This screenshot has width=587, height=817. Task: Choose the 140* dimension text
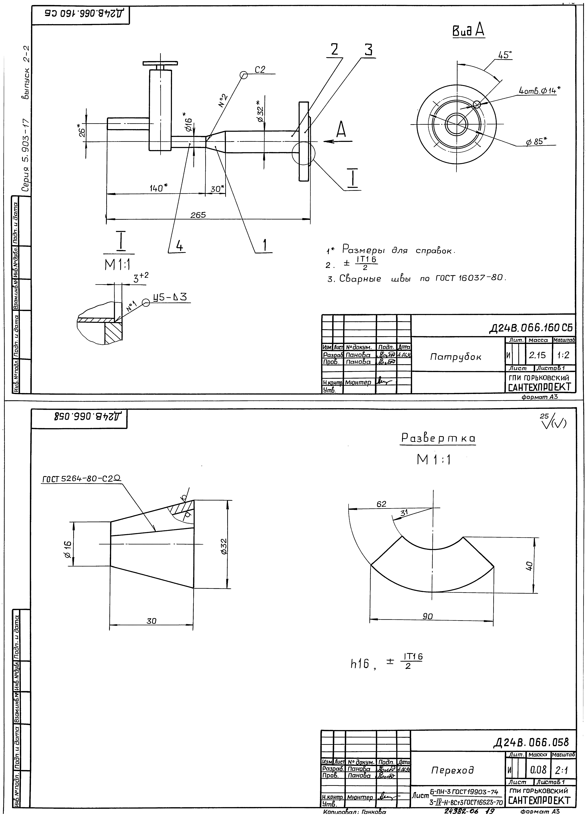pyautogui.click(x=159, y=188)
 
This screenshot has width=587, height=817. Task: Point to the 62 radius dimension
pyautogui.click(x=381, y=504)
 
